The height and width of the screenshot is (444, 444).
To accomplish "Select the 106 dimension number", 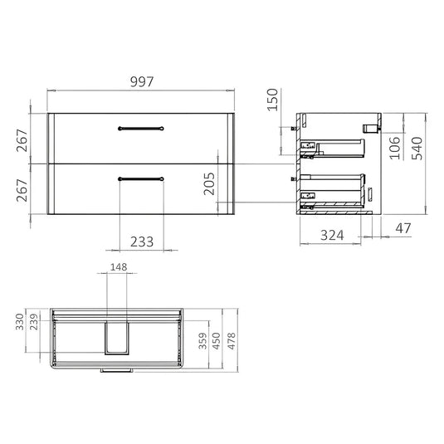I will pyautogui.click(x=395, y=147).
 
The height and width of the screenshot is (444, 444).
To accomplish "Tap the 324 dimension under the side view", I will pyautogui.click(x=333, y=236).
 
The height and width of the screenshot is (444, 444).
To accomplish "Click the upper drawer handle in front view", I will pyautogui.click(x=142, y=127).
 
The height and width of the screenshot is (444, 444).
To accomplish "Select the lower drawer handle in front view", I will pyautogui.click(x=142, y=178).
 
